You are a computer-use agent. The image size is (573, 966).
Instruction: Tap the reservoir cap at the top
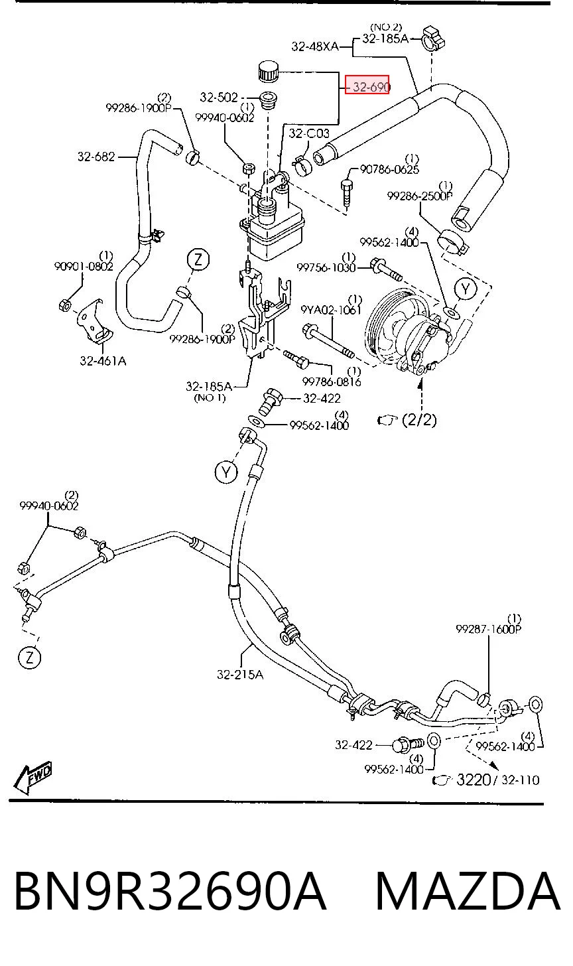coord(268,71)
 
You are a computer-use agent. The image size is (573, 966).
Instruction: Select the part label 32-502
coord(219,98)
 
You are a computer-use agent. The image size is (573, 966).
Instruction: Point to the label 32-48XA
coord(315,46)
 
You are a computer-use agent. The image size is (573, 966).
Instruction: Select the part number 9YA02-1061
coord(331,310)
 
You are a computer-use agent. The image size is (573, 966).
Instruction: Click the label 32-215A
coord(239,674)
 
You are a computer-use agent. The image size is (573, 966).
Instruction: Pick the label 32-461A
coord(103,360)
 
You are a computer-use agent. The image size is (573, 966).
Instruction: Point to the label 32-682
coord(96,157)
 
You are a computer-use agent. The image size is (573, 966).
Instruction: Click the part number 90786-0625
coord(389,169)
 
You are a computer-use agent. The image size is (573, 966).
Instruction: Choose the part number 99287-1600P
coord(489,629)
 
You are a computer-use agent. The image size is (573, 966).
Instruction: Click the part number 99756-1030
coord(326,268)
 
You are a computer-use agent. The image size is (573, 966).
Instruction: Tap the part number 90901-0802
coord(84,266)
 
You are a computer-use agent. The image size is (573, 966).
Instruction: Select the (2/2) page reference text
coord(419,419)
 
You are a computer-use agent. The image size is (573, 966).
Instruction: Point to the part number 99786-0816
coord(332,381)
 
